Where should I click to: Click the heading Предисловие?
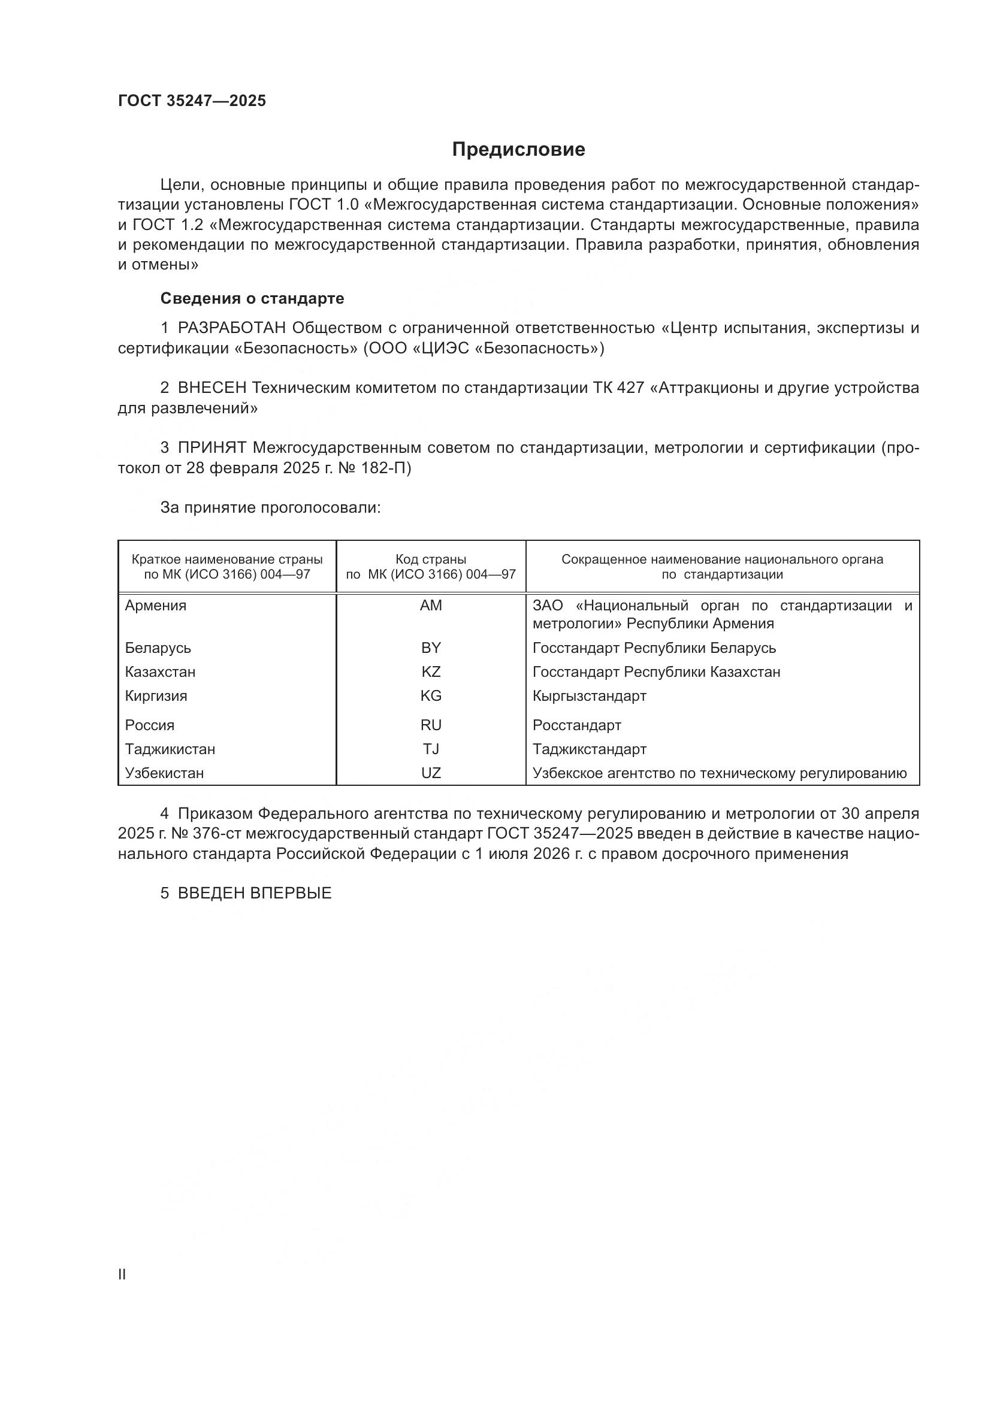(518, 150)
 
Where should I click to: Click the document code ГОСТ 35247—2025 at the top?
(192, 101)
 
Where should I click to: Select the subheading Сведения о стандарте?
(252, 298)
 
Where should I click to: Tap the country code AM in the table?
(431, 606)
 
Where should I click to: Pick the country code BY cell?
(431, 647)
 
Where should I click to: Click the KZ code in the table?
(431, 672)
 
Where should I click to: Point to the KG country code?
(431, 695)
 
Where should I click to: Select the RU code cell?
(431, 725)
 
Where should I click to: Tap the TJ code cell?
(431, 749)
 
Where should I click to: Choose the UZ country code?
(431, 773)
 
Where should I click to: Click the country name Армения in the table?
(156, 606)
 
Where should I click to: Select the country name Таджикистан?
(170, 749)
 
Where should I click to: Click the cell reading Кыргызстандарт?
(589, 695)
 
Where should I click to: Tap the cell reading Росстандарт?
(576, 725)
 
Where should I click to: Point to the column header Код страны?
(431, 559)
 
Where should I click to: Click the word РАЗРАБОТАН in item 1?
(232, 328)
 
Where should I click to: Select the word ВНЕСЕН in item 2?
(212, 388)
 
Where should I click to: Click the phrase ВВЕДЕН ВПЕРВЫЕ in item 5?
(255, 893)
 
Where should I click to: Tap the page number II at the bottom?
(122, 1274)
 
